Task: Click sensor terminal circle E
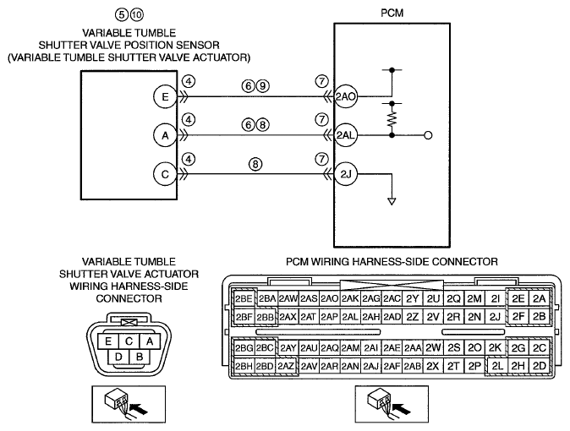click(x=165, y=96)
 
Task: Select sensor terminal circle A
click(x=165, y=135)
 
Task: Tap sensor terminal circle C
click(x=165, y=174)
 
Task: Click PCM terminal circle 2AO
click(x=345, y=96)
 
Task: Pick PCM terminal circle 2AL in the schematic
click(x=345, y=135)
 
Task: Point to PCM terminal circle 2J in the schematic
click(x=345, y=174)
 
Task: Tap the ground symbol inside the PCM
click(x=392, y=201)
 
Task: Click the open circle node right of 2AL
click(x=428, y=135)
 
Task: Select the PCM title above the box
click(x=392, y=13)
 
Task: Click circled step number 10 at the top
click(x=137, y=14)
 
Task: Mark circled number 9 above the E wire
click(x=262, y=86)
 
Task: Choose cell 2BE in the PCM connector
click(x=244, y=298)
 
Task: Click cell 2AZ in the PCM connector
click(x=286, y=366)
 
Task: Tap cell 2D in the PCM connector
click(x=540, y=366)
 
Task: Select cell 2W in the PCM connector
click(x=433, y=348)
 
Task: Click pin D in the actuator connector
click(x=118, y=357)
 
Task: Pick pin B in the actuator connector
click(x=140, y=357)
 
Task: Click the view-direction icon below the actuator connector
click(x=129, y=405)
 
